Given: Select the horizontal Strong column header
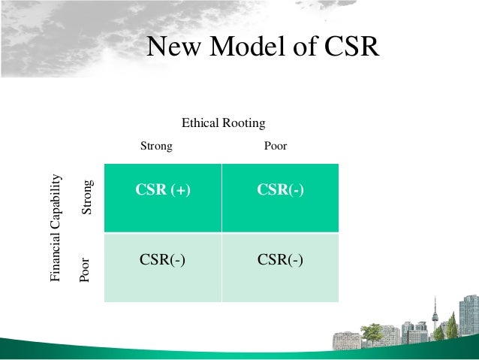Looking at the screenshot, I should [156, 146].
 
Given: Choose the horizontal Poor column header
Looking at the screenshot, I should [276, 146].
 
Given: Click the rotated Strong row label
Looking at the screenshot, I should [87, 198].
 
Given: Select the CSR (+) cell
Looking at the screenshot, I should [163, 191].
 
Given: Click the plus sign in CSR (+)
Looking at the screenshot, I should [181, 191].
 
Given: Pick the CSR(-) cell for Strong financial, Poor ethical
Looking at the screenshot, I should [280, 191].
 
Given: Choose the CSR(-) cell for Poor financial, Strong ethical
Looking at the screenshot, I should [163, 260].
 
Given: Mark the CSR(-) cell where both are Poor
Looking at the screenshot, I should [280, 260].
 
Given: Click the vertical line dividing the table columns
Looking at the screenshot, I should [221, 233].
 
